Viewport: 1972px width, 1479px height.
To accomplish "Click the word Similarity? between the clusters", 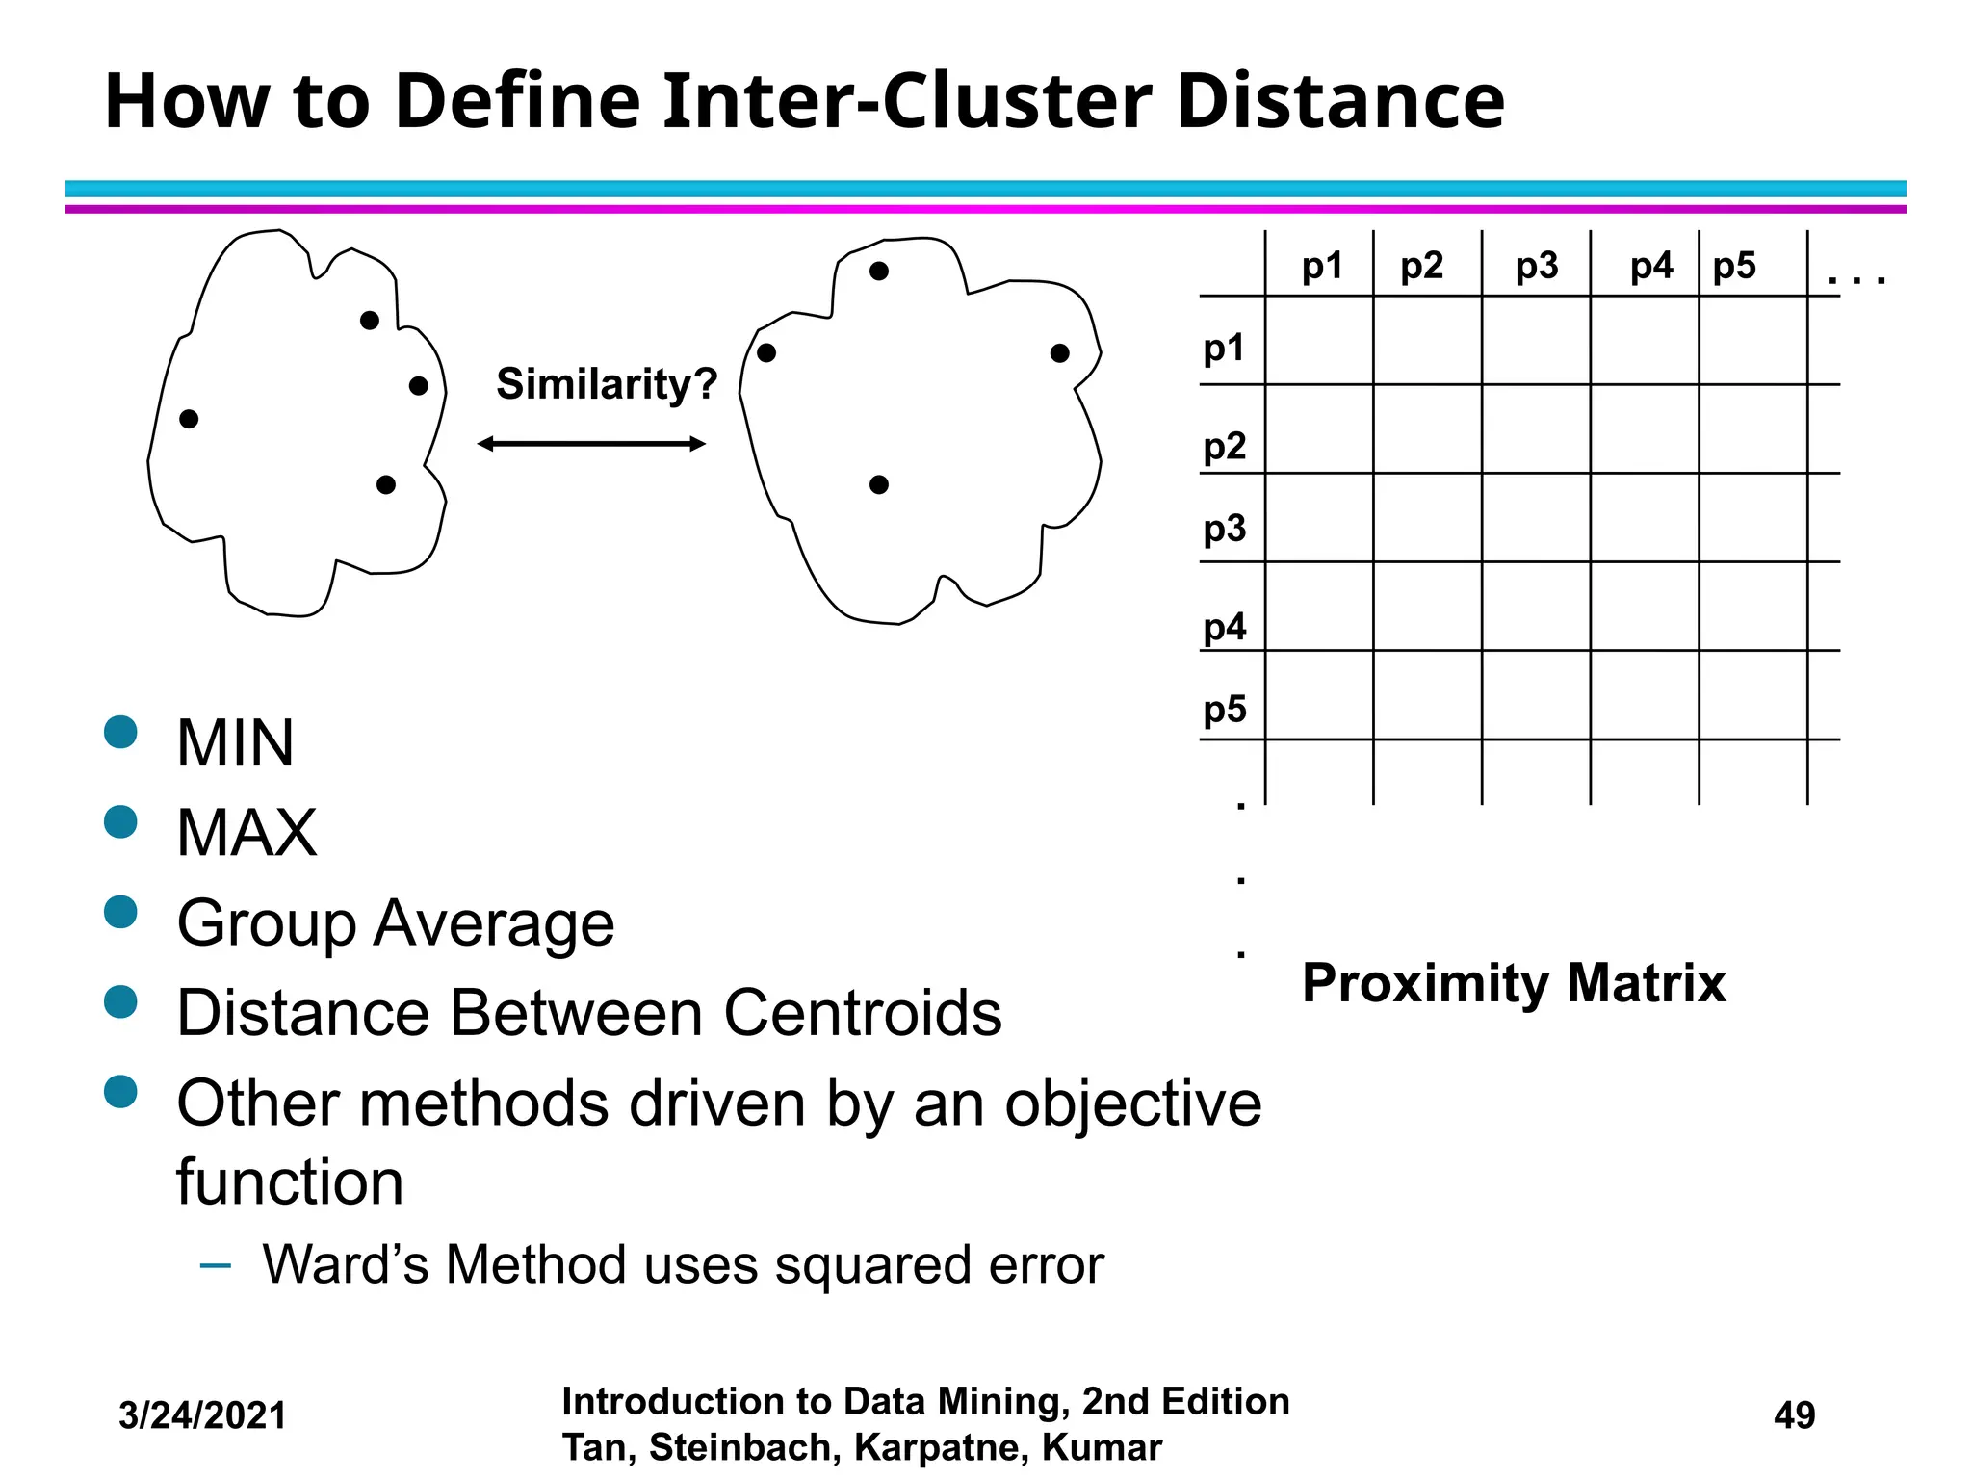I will (x=607, y=384).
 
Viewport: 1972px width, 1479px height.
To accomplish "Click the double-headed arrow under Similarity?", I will (x=591, y=444).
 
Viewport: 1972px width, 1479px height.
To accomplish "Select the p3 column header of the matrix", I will (x=1536, y=266).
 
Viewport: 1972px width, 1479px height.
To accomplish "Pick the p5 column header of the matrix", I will (x=1734, y=266).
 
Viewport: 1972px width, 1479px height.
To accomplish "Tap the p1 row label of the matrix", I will (x=1224, y=348).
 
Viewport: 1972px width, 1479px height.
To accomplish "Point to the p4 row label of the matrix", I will (x=1224, y=628).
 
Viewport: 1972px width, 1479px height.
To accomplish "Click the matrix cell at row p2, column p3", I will (x=1536, y=428).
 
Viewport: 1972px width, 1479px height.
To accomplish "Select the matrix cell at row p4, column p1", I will (x=1319, y=607).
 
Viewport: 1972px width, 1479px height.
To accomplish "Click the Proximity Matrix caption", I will (x=1514, y=983).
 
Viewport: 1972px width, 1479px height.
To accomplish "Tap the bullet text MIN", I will (x=236, y=743).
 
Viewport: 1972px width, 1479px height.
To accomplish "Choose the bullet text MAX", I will (x=246, y=833).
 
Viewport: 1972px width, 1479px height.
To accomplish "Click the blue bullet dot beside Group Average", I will (x=121, y=912).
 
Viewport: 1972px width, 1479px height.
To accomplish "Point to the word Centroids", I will (x=863, y=1013).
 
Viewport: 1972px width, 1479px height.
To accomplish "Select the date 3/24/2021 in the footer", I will (x=202, y=1415).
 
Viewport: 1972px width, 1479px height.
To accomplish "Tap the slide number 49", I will (x=1794, y=1415).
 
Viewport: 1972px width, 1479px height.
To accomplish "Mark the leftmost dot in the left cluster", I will (x=189, y=419).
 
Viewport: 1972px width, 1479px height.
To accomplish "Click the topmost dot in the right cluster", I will (x=878, y=272).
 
